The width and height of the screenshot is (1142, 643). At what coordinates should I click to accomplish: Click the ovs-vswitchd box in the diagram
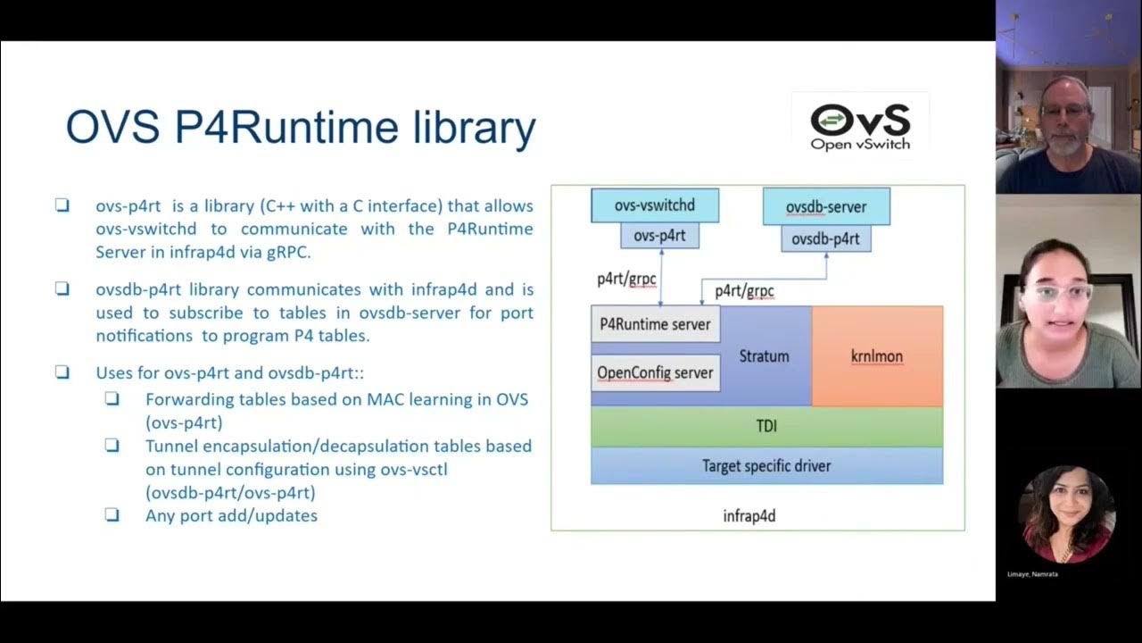(655, 205)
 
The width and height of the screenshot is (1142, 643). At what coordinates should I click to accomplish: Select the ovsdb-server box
(826, 207)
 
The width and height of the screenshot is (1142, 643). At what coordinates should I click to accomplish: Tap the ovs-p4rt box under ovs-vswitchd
(659, 237)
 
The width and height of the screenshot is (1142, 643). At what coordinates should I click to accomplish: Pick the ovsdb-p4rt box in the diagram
(825, 238)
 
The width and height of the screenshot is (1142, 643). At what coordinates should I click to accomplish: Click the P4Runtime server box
(655, 324)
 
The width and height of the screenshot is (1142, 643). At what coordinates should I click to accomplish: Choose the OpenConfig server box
(655, 372)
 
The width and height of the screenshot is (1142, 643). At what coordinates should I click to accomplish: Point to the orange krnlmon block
(877, 356)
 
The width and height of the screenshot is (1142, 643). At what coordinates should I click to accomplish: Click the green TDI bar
(766, 427)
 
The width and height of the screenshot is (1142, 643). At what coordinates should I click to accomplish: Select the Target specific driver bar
(766, 466)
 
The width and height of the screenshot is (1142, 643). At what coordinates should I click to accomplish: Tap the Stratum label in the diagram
(765, 356)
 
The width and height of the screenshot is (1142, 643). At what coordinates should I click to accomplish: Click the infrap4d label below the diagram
(749, 516)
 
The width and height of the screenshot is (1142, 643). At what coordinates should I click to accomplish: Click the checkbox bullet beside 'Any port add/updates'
(112, 514)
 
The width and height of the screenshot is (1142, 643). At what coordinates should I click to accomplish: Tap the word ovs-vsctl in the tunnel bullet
(410, 469)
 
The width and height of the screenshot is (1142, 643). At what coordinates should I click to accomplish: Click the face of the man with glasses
(1064, 116)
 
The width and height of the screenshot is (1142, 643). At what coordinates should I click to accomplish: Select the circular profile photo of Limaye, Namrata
(1067, 514)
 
